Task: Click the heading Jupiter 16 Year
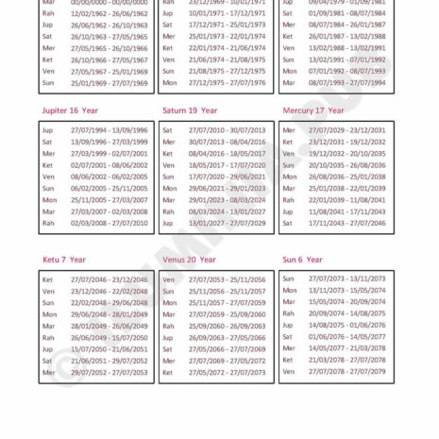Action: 69,110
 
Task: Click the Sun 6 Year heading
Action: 302,260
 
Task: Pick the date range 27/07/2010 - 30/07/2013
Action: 227,129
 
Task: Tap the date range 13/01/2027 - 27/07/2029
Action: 227,223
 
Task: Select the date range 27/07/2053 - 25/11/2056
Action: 227,279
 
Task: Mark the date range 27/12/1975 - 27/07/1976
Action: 227,82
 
